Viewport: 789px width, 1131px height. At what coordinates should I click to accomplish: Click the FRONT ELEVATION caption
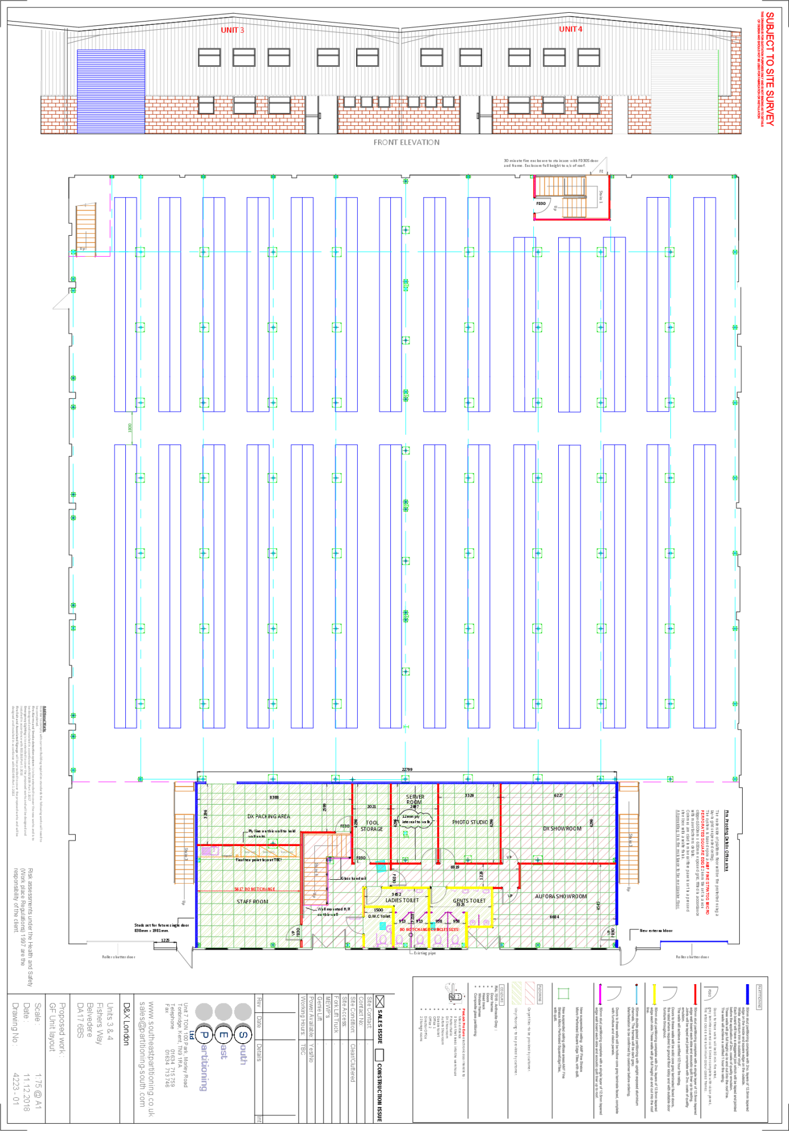(406, 142)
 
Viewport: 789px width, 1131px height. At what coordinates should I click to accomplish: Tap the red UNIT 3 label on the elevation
(232, 30)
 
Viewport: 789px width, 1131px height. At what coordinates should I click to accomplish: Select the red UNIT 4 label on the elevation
(570, 29)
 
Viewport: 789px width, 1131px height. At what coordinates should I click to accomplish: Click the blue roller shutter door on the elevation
(111, 91)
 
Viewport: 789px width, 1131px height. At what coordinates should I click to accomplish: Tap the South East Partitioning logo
(221, 1047)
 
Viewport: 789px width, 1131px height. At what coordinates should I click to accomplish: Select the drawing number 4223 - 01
(16, 1088)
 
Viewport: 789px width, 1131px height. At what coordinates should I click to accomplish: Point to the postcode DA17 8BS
(80, 1021)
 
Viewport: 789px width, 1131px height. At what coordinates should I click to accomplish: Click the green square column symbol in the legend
(563, 993)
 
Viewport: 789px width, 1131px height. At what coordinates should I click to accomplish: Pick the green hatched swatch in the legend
(517, 993)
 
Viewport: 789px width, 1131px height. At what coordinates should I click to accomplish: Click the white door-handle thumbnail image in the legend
(455, 993)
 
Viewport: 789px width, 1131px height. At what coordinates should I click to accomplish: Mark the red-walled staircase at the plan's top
(571, 197)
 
